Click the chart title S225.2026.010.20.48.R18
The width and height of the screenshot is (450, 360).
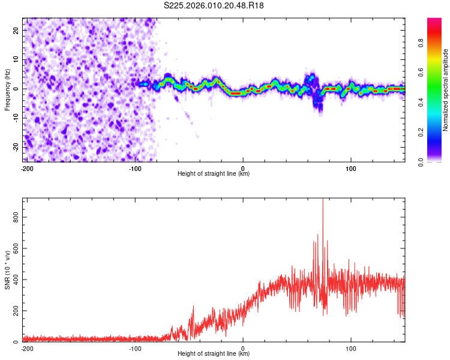(x=214, y=5)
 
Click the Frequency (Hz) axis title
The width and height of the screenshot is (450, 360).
(x=7, y=89)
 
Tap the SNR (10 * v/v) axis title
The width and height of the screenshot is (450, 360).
(x=7, y=269)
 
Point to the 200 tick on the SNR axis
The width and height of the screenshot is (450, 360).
(x=14, y=311)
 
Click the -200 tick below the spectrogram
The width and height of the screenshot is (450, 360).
(x=27, y=167)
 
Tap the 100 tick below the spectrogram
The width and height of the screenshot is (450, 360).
(x=350, y=167)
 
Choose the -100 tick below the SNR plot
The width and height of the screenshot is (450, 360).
(x=135, y=347)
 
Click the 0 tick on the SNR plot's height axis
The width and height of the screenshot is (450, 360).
(x=243, y=347)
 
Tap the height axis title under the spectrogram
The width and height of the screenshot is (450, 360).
(x=214, y=174)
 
